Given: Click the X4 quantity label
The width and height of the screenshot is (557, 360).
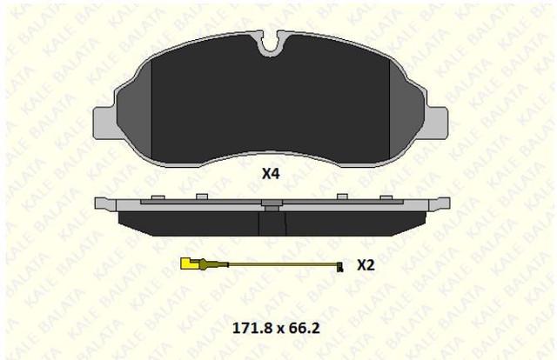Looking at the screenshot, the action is tap(271, 174).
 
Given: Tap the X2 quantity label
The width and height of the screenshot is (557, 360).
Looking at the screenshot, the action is tap(366, 265).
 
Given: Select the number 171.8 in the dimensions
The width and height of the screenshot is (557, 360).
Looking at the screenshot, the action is tap(253, 328).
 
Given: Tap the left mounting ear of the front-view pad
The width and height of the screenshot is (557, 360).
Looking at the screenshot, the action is tap(104, 123).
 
